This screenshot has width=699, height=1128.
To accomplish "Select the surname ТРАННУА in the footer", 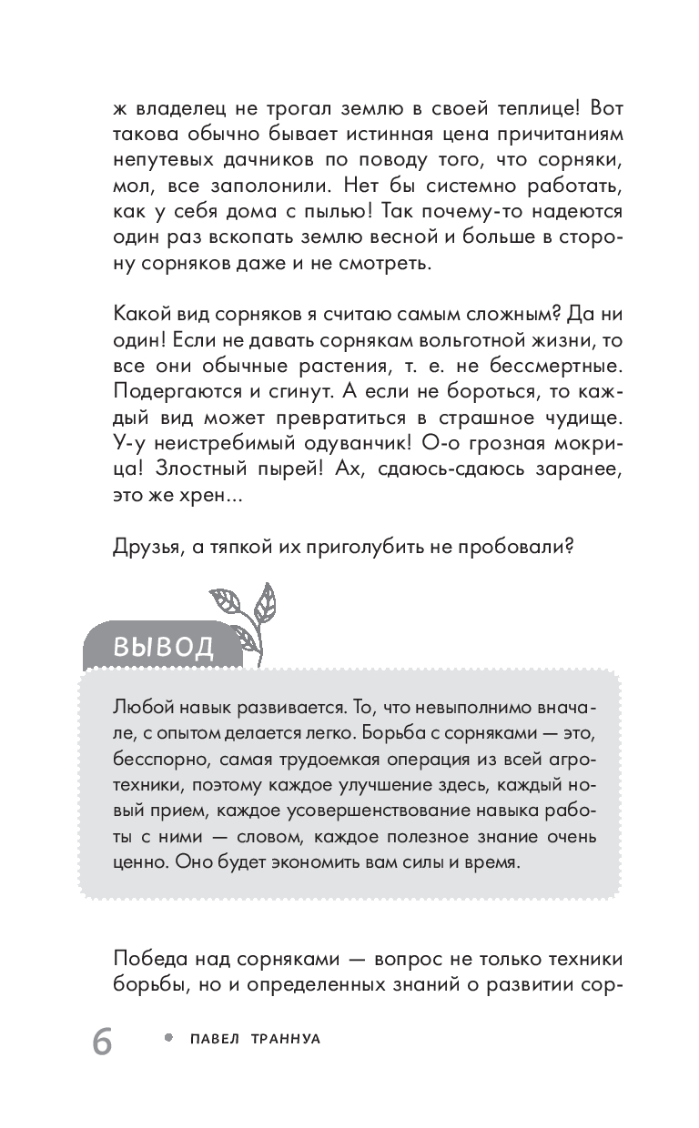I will pyautogui.click(x=284, y=1039).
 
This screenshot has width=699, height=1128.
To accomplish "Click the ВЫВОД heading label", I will pyautogui.click(x=164, y=647).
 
